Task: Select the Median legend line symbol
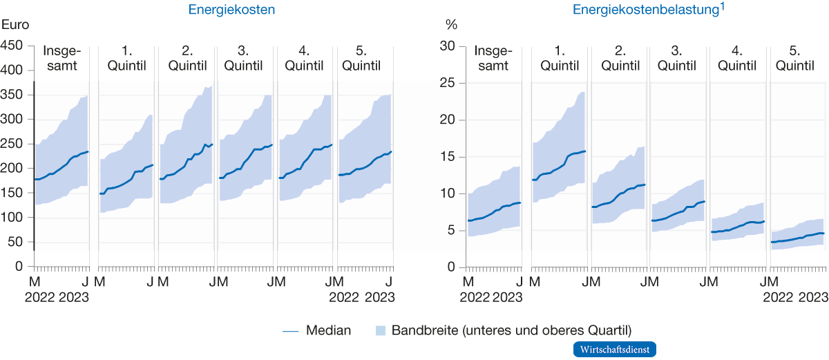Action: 291,331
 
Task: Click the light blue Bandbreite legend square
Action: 380,331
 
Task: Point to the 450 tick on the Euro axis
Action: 12,46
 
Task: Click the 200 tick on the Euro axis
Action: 12,169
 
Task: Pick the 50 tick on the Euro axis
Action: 16,242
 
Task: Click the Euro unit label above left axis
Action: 15,25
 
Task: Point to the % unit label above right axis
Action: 451,25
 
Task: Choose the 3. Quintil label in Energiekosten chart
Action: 245,59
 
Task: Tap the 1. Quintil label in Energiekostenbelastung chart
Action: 560,59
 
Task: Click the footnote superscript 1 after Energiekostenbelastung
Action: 723,6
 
